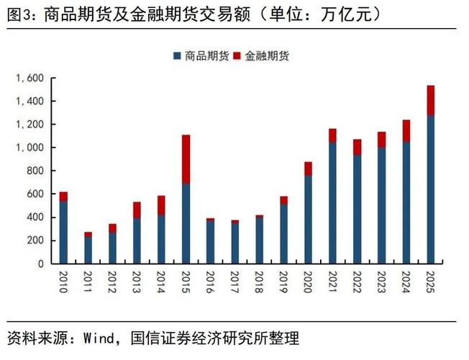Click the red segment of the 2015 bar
(x=186, y=159)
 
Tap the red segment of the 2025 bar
(x=431, y=100)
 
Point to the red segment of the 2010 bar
(x=63, y=197)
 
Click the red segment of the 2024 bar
(x=406, y=130)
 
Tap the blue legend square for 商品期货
(x=176, y=55)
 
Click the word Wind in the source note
(x=98, y=338)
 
